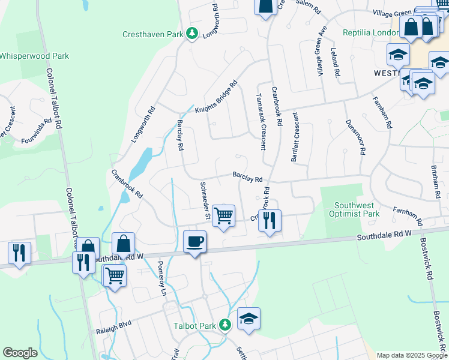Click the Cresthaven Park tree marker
click(x=192, y=34)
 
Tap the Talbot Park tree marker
click(x=225, y=325)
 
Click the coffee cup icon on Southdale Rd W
click(x=194, y=242)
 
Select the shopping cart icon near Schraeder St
click(x=223, y=215)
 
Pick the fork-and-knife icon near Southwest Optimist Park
click(x=270, y=220)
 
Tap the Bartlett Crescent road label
click(x=295, y=139)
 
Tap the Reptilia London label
click(x=366, y=33)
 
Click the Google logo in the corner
click(x=20, y=353)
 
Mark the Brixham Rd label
click(x=435, y=183)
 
